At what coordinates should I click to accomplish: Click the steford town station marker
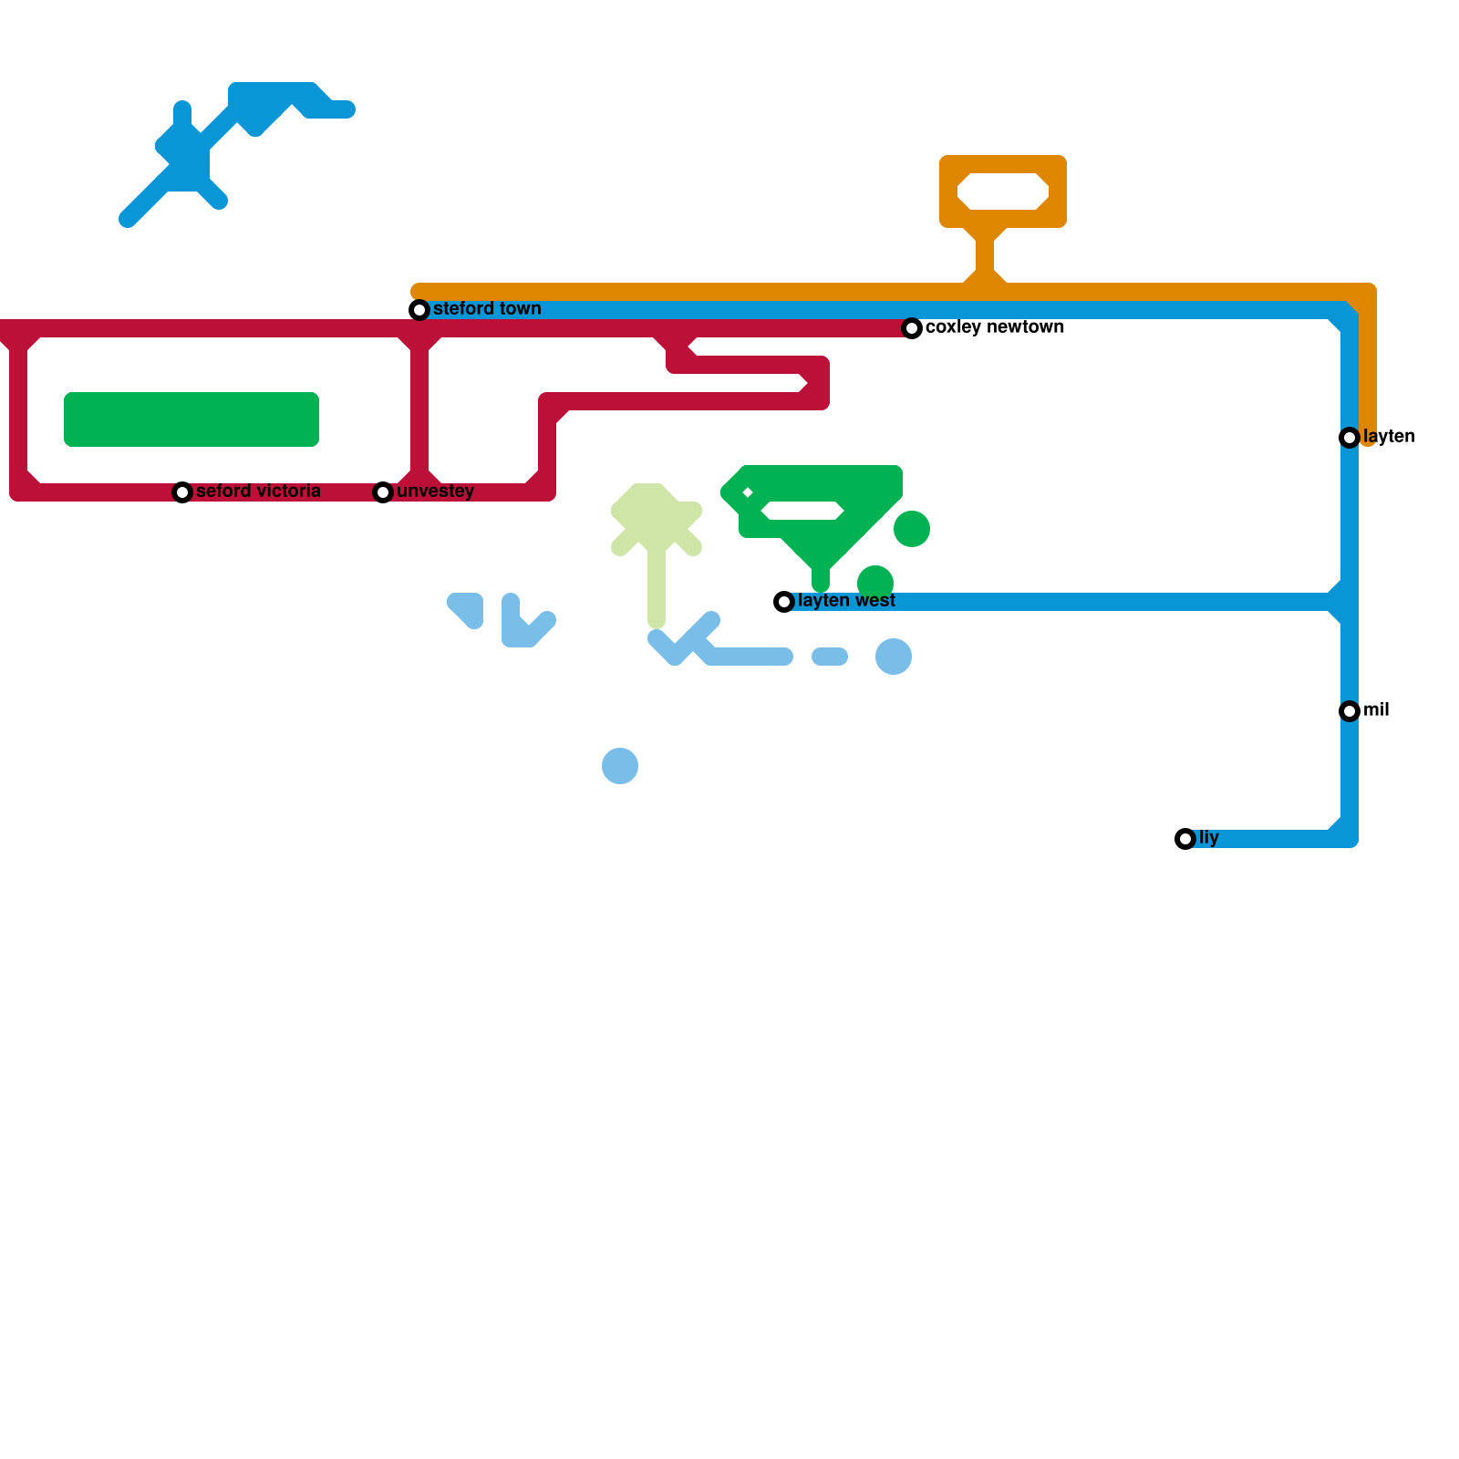click(419, 310)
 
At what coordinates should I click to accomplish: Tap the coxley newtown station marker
click(912, 328)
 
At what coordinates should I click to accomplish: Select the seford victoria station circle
click(182, 492)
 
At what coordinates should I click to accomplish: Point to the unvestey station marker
click(383, 492)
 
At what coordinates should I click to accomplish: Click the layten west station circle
click(784, 602)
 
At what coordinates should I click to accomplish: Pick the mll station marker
click(1350, 711)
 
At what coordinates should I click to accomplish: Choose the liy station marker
click(1185, 839)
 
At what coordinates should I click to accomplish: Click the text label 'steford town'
click(487, 308)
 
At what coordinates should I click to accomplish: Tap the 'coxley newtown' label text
click(994, 326)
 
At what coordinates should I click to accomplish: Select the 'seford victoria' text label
click(258, 491)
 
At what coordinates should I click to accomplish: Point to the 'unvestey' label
click(435, 491)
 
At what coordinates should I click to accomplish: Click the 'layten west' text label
click(846, 600)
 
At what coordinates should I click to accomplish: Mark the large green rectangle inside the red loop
click(191, 419)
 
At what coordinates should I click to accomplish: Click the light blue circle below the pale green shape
click(620, 766)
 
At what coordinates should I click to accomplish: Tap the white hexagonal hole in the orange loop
click(1003, 191)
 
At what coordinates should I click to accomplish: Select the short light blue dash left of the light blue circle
click(830, 657)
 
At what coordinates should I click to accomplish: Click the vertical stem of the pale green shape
click(657, 584)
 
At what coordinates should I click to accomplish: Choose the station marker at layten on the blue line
click(1350, 438)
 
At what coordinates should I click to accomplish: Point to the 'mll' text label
click(1376, 709)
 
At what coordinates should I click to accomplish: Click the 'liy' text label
click(1209, 837)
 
